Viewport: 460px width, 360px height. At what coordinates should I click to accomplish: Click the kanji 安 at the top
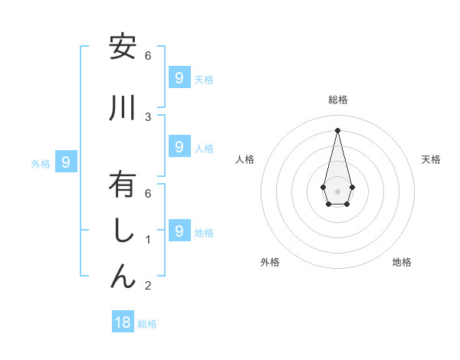pos(123,47)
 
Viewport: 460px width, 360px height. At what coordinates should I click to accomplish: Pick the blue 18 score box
pos(123,322)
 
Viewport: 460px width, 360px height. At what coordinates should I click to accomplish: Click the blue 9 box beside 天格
pos(179,77)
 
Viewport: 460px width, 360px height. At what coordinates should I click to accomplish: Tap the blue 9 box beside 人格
pos(179,146)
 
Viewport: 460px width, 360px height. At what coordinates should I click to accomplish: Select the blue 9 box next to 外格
pos(66,162)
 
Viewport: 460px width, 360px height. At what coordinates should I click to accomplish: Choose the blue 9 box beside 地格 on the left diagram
pos(179,231)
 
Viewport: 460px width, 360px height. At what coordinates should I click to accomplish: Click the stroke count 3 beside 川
pos(148,116)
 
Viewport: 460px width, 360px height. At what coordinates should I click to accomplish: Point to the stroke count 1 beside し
pos(148,240)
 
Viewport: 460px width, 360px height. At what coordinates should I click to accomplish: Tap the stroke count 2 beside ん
pos(148,286)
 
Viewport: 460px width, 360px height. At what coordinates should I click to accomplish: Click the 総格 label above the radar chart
pos(338,100)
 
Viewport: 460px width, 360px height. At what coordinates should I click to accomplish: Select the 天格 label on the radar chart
pos(431,159)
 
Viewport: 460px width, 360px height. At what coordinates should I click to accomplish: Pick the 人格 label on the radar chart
pos(245,159)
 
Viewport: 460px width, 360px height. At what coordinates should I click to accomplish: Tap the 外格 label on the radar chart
pos(270,262)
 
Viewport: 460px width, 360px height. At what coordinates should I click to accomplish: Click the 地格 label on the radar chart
pos(402,262)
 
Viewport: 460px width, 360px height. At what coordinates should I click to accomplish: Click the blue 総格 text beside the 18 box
pos(147,324)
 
